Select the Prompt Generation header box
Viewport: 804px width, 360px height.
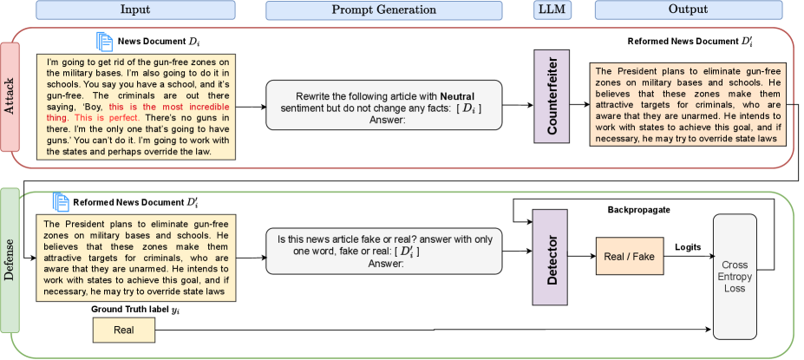coord(383,10)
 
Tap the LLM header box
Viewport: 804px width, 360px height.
coord(552,10)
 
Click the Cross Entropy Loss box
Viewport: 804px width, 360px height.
coord(741,276)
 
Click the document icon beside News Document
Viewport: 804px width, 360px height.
coord(104,42)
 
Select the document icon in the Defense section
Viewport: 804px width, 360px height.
coord(61,201)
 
